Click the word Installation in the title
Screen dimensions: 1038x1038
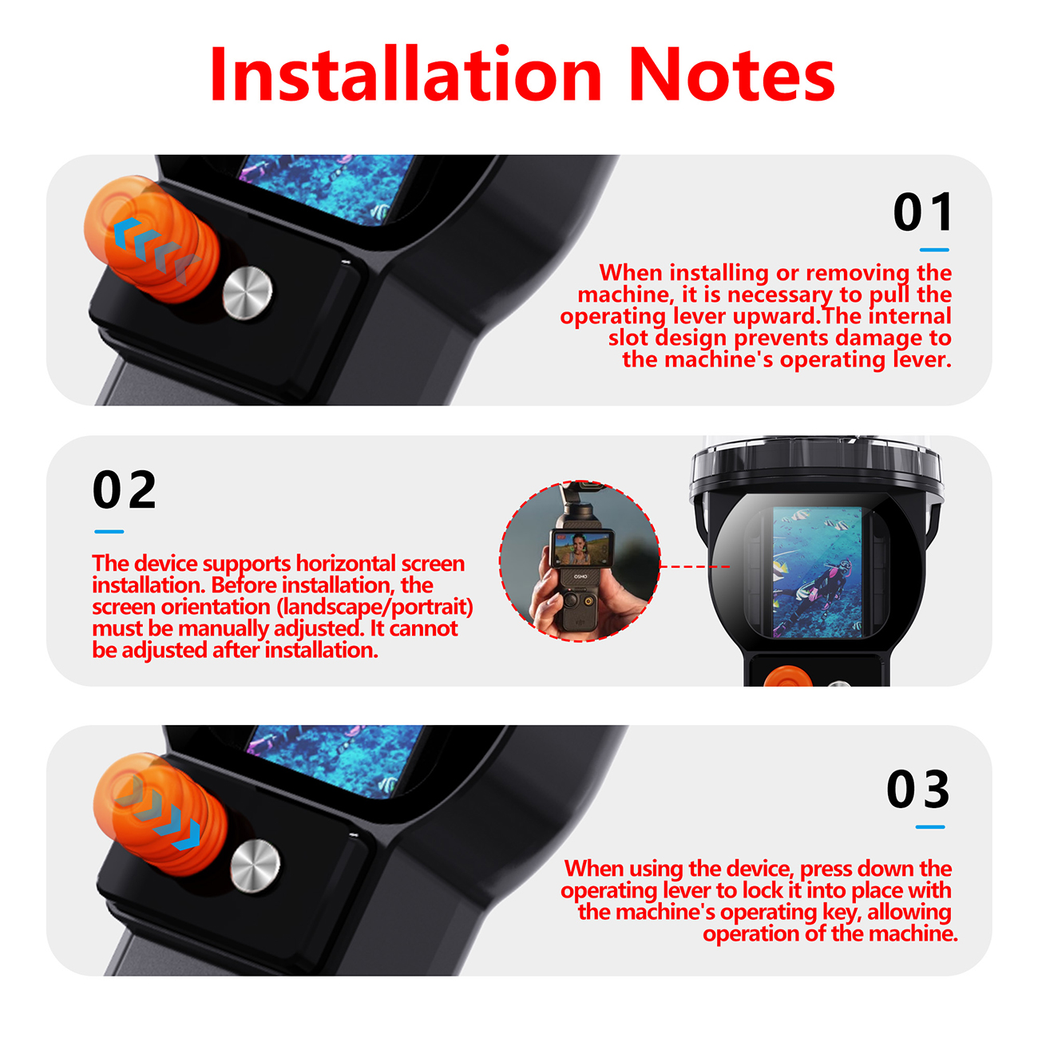click(x=406, y=74)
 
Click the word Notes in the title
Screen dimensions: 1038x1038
click(x=732, y=75)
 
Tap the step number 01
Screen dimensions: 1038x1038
click(x=923, y=212)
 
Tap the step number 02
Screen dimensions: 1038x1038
click(x=125, y=489)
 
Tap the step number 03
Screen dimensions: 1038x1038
click(x=918, y=789)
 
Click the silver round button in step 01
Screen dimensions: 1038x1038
click(x=248, y=293)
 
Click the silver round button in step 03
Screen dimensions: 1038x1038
click(x=256, y=866)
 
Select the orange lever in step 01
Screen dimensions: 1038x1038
click(x=152, y=240)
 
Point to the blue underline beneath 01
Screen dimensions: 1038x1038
click(x=934, y=250)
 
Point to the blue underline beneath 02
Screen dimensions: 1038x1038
click(x=109, y=532)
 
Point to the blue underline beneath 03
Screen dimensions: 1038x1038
click(x=930, y=827)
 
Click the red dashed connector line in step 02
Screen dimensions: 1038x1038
click(x=695, y=567)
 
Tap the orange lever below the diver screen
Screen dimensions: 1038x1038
click(x=789, y=676)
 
